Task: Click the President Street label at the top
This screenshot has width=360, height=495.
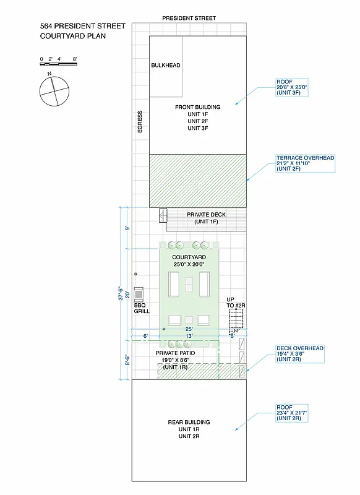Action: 189,19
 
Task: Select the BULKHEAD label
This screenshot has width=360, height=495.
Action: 165,65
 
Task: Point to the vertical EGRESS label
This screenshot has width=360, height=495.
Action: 140,122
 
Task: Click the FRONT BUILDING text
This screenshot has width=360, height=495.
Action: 197,107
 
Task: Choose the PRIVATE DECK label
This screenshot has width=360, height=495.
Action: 206,214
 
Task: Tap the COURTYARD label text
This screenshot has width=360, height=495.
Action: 189,257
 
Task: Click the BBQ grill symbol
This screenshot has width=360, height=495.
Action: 139,293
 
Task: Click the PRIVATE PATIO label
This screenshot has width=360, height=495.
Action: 175,352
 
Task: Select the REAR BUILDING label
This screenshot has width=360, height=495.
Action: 189,422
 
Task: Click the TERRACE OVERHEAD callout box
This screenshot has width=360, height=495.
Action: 305,163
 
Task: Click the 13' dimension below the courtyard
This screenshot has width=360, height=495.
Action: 189,335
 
